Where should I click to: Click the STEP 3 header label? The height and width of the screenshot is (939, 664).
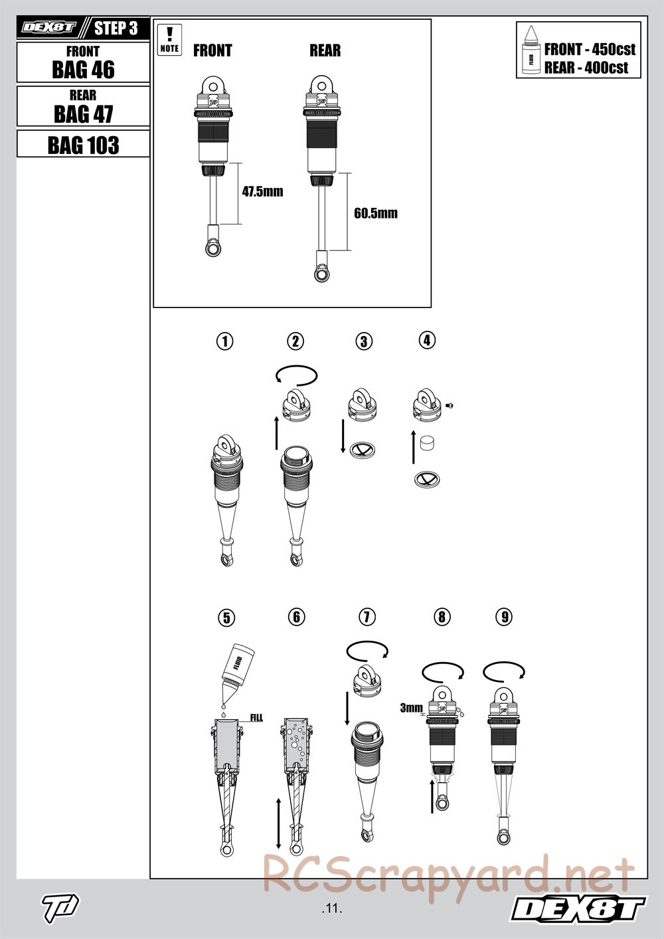point(116,29)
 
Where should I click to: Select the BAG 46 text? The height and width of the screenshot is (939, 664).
point(83,69)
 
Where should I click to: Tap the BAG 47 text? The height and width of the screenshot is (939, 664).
point(83,114)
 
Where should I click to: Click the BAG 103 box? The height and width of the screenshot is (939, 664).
point(83,144)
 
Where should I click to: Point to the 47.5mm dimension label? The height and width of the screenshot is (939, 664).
point(262,192)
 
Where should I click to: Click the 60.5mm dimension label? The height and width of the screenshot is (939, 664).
point(376,213)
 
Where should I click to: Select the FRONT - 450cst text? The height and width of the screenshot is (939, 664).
point(590,49)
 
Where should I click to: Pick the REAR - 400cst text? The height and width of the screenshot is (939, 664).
point(586,67)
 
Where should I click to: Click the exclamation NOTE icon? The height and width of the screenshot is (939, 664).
point(170,39)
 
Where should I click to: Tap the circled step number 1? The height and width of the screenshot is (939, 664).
point(226,341)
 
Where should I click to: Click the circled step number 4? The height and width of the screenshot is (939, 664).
point(427,340)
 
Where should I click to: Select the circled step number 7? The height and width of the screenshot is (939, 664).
point(367,616)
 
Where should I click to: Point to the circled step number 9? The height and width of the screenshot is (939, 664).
point(504,616)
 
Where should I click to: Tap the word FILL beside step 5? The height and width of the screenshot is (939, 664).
point(256,718)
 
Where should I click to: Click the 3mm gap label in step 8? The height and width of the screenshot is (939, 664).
point(410,708)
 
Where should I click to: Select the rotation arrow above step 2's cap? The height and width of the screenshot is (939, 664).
point(297,375)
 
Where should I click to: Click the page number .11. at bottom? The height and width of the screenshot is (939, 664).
point(331,908)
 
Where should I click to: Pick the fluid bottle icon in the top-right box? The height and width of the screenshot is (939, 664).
point(531,50)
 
